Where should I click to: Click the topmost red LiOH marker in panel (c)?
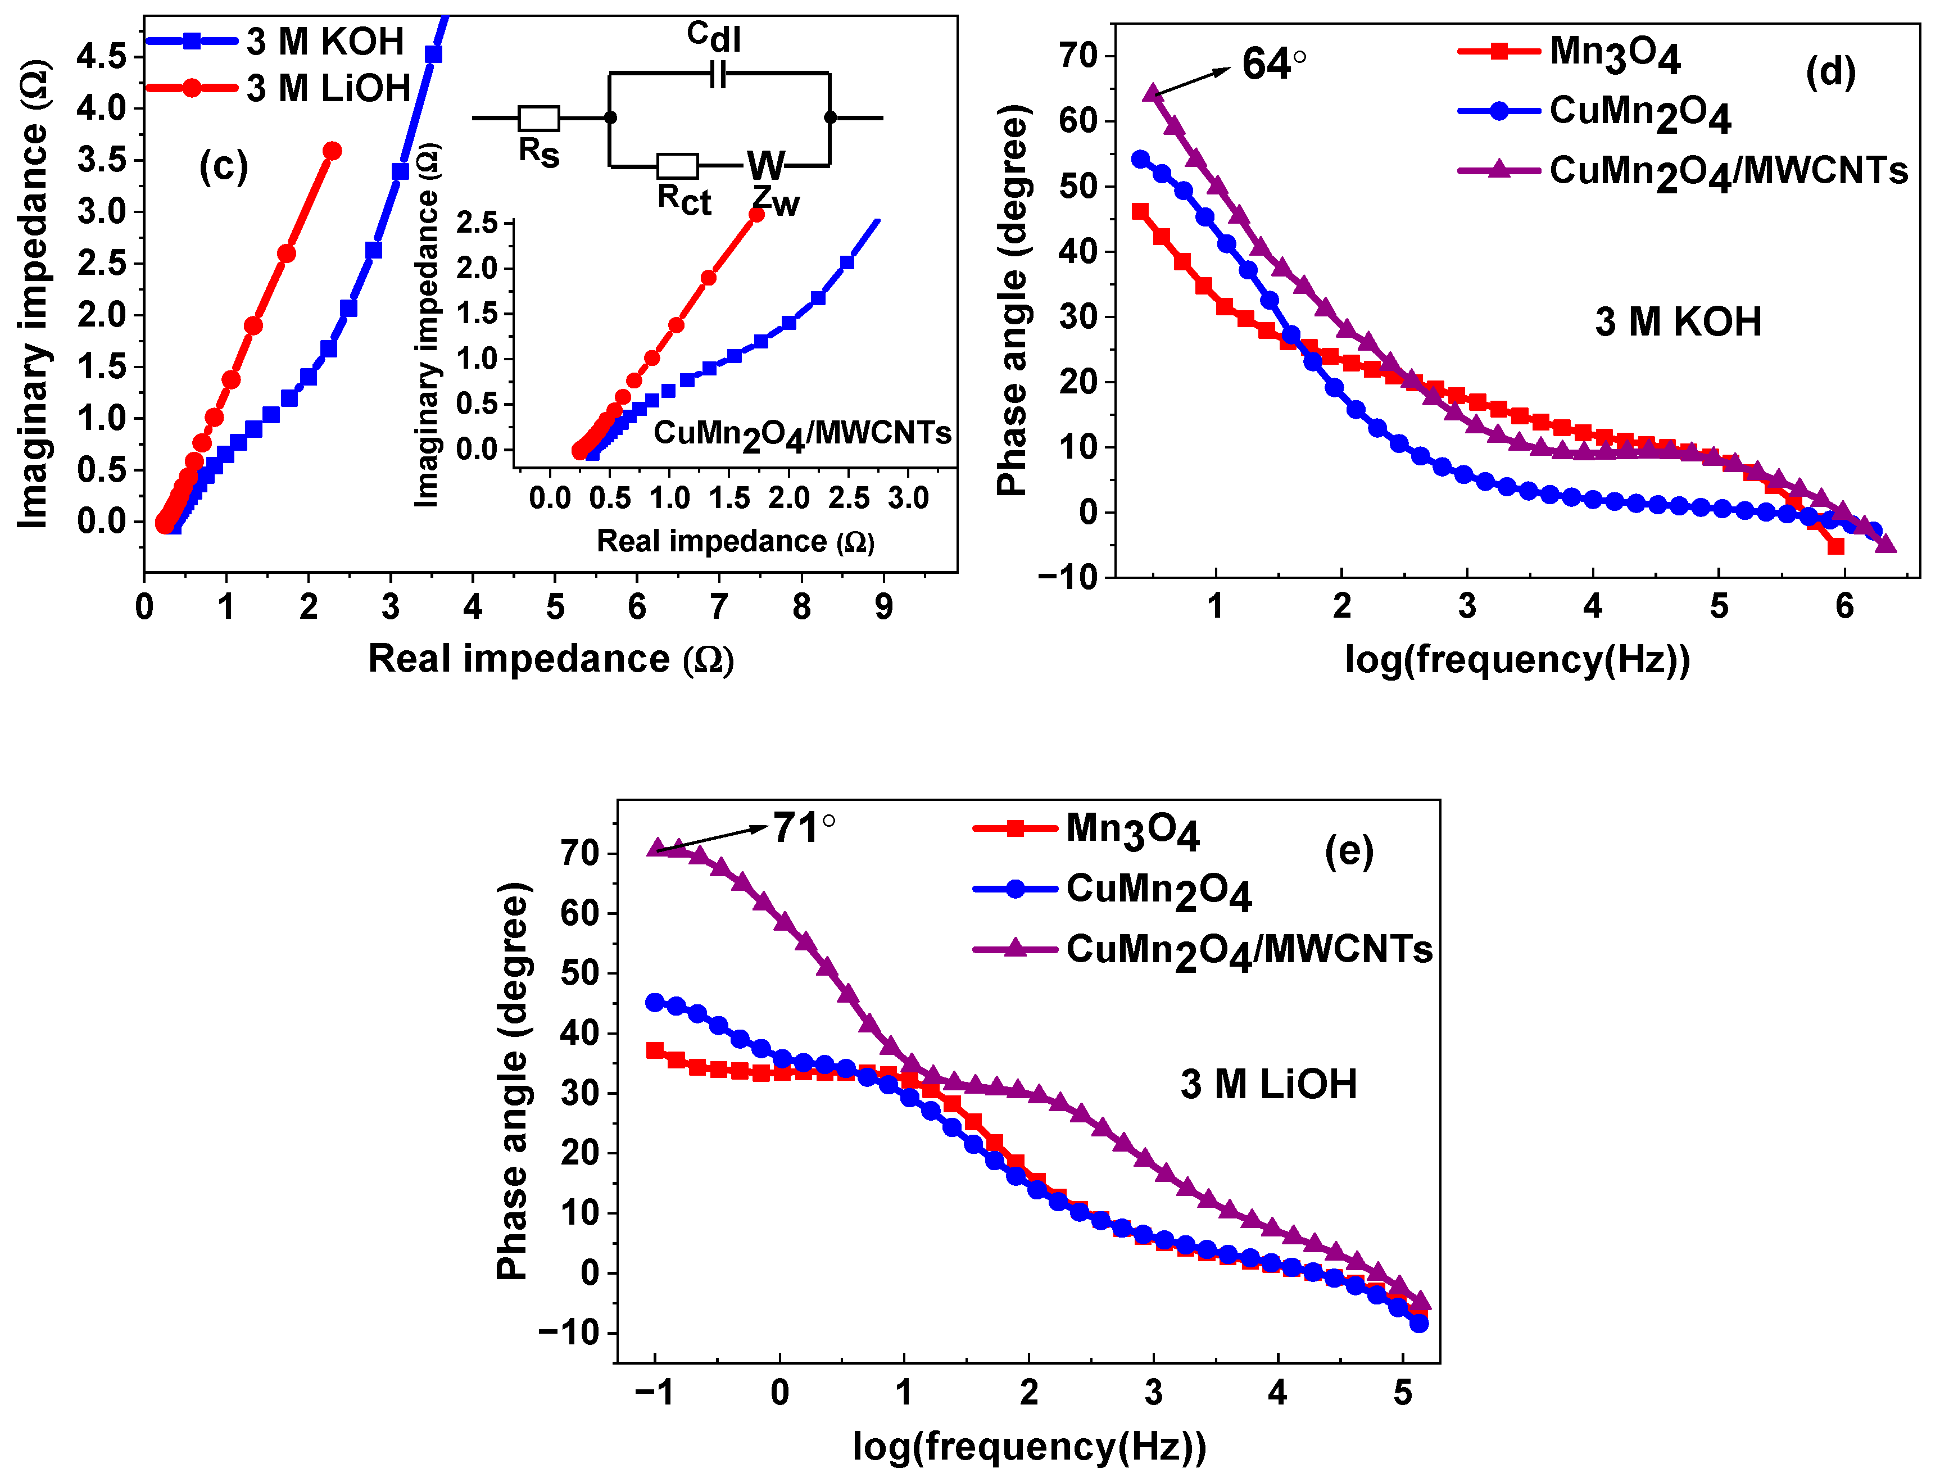[332, 151]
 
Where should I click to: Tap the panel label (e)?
[1348, 850]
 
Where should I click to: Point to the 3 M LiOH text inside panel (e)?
[1267, 1084]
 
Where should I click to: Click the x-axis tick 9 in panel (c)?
[883, 606]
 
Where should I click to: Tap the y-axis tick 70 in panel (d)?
[1078, 56]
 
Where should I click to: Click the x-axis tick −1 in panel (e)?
[654, 1393]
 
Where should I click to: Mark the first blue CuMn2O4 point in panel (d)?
[1140, 159]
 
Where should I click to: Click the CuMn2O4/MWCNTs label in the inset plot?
[801, 433]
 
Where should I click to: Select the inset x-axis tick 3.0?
[908, 499]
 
